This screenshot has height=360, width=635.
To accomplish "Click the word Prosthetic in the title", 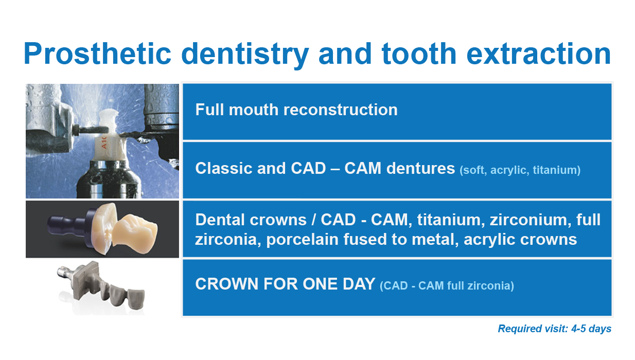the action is (98, 53).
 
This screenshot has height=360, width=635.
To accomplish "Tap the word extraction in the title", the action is (539, 53).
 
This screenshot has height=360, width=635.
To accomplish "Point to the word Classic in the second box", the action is (224, 168).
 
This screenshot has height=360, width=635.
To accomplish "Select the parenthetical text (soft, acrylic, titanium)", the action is (520, 170).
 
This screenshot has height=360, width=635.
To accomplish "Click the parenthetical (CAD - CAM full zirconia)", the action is (447, 285).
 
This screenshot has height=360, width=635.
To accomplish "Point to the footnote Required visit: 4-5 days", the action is (555, 329).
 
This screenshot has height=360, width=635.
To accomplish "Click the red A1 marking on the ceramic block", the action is (104, 142).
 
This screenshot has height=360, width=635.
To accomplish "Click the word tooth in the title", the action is (419, 53).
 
